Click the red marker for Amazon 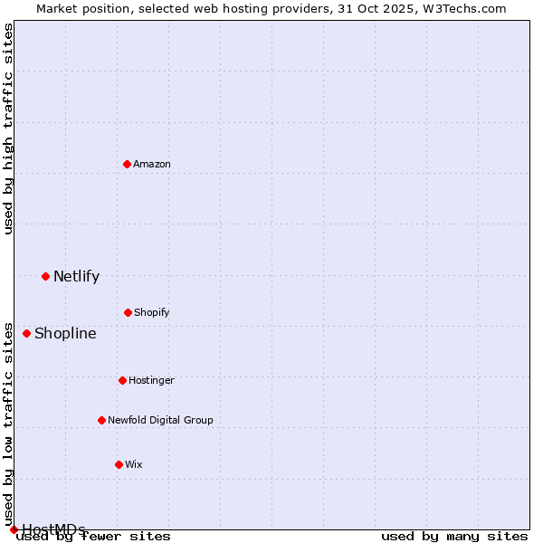(x=127, y=164)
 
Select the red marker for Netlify (x=45, y=276)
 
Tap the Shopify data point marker (x=128, y=312)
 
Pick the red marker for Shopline (x=26, y=333)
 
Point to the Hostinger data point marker (x=122, y=380)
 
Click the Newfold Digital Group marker (x=101, y=420)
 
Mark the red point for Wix (x=119, y=464)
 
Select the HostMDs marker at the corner (x=14, y=529)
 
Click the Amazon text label (x=152, y=164)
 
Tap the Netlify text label (x=76, y=276)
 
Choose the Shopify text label (x=152, y=312)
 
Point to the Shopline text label (x=65, y=333)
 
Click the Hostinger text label (x=151, y=380)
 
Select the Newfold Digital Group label (x=160, y=420)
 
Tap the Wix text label (x=134, y=464)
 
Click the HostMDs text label (x=53, y=529)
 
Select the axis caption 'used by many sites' (x=454, y=537)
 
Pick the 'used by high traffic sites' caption (x=9, y=129)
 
